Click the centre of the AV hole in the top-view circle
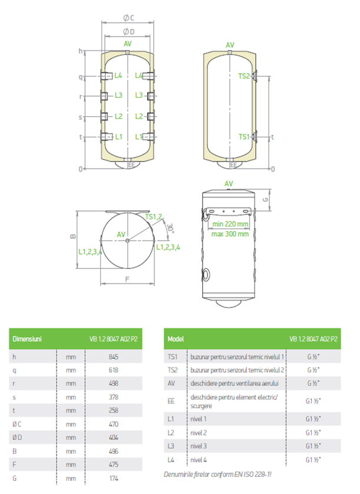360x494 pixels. point(127,241)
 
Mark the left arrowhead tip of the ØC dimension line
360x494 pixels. point(102,22)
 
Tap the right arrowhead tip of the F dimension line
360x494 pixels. point(154,284)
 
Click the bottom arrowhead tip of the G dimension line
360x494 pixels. point(270,210)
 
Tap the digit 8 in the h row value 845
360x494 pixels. point(111,357)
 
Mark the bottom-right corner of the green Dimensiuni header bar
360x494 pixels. point(142,349)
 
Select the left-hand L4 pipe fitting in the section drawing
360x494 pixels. point(107,76)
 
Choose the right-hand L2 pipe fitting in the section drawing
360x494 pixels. point(151,117)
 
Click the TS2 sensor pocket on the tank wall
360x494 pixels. point(255,76)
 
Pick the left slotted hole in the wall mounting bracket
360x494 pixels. point(212,211)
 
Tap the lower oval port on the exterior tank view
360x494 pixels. point(206,275)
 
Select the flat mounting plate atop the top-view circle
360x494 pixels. point(127,212)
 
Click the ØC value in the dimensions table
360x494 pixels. point(113,424)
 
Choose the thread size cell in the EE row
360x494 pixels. point(313,401)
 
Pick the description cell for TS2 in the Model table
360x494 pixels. point(237,370)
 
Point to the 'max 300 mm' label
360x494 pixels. point(230,234)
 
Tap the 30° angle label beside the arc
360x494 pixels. point(170,228)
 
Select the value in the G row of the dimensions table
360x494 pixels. point(114,478)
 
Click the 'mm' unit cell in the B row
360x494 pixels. point(71,451)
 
